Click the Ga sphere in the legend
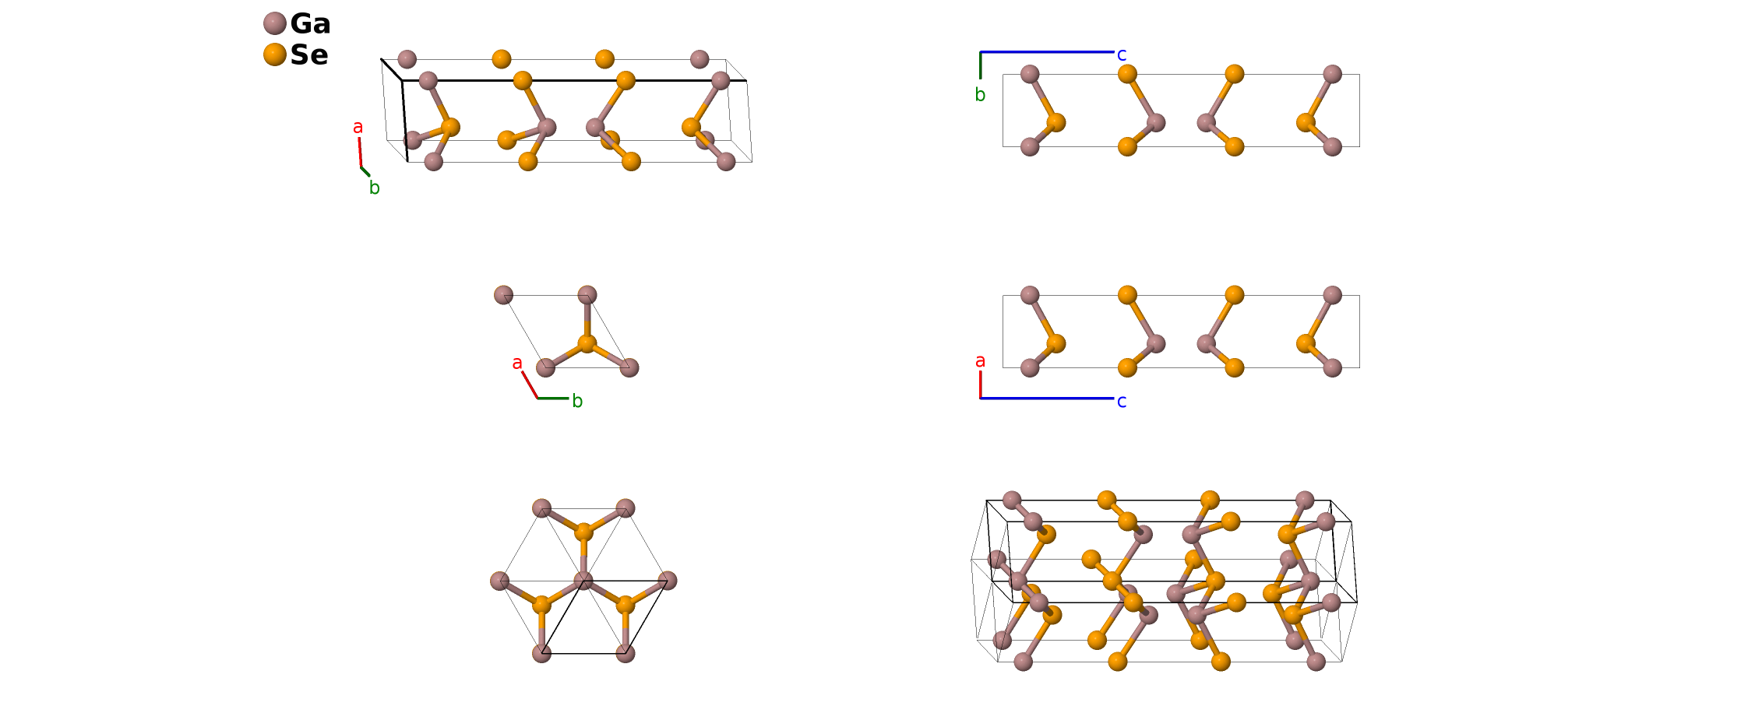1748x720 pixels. click(275, 23)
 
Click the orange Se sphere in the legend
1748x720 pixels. click(275, 54)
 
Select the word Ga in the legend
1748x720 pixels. click(310, 24)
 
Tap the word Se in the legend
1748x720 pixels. click(309, 55)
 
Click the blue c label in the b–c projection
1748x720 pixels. click(1122, 54)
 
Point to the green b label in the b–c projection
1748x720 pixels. click(980, 95)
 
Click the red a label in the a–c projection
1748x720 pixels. click(980, 361)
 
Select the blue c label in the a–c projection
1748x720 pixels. click(1122, 401)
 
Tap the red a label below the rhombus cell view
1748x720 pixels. click(517, 363)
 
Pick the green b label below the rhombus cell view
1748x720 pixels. click(577, 401)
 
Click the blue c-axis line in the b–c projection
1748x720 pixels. click(1047, 52)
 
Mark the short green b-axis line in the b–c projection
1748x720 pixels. click(980, 65)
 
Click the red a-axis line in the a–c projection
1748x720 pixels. click(980, 385)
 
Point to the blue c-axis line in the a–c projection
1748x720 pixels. click(1047, 399)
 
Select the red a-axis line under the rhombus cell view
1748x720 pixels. click(530, 385)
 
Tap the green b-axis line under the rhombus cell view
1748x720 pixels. click(553, 399)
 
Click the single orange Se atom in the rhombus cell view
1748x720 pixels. click(587, 343)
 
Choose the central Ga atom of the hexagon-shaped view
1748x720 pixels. click(583, 581)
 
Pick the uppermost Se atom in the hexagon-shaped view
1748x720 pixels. click(583, 532)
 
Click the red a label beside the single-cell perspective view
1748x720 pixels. click(358, 127)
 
